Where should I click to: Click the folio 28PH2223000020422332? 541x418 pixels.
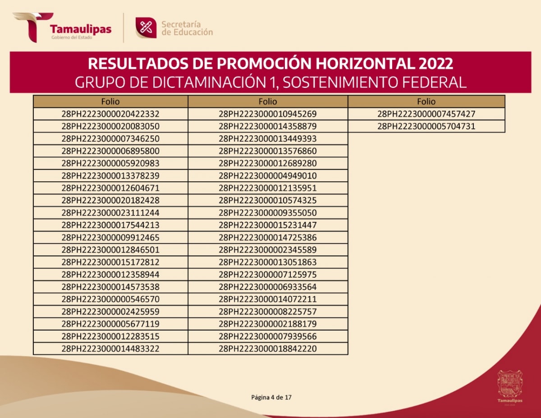point(110,114)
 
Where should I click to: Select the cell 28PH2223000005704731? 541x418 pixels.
point(426,127)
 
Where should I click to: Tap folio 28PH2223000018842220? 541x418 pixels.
point(268,349)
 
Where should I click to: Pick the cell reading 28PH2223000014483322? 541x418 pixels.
point(110,349)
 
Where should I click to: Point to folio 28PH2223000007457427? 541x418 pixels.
point(426,114)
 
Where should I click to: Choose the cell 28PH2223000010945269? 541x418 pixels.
point(268,114)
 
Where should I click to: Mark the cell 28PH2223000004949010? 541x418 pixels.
point(268,176)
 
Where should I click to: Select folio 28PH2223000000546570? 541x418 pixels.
point(110,299)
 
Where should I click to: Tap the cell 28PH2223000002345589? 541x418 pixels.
point(268,250)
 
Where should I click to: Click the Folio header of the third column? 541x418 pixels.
point(426,101)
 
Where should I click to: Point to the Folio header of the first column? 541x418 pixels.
point(110,101)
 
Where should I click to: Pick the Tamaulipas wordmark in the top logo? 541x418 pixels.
point(81,29)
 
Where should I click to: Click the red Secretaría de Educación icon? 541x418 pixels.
point(146,28)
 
